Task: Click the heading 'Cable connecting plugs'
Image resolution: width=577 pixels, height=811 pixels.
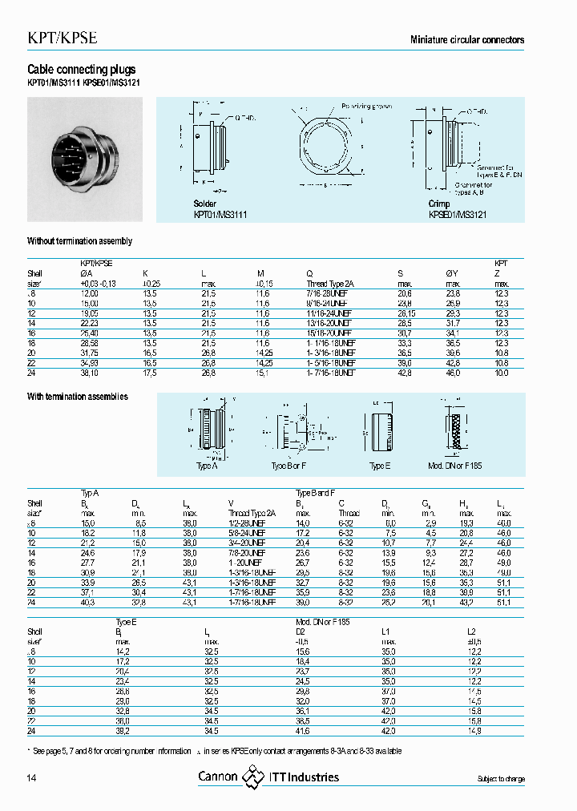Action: point(82,71)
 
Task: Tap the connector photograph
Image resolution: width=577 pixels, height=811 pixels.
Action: point(85,159)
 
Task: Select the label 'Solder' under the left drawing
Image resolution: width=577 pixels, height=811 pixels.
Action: point(205,204)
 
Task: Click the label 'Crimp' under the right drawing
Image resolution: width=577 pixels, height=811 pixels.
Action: point(440,204)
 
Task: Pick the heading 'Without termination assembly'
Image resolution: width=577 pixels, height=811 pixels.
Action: point(79,241)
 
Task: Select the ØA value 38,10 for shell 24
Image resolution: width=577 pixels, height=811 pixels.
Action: point(92,373)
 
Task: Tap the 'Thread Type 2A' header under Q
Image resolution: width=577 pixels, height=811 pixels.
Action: point(330,284)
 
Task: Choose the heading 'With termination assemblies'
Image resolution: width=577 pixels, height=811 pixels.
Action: point(78,397)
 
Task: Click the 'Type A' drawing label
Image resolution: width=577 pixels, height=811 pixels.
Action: point(207,466)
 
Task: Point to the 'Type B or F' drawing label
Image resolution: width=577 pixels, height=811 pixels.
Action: point(289,466)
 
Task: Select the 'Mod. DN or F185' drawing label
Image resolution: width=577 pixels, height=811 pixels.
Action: point(454,466)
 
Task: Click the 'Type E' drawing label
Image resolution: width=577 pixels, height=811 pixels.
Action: point(378,466)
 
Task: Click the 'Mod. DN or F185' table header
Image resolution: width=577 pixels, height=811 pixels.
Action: point(322,621)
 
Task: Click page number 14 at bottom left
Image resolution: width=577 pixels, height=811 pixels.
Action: point(32,778)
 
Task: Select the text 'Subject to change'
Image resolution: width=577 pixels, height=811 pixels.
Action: point(500,779)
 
